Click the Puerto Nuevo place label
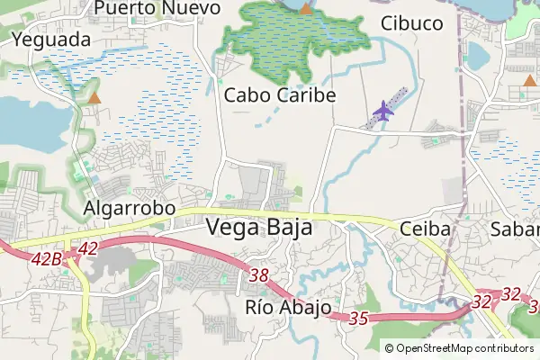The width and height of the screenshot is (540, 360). pos(157,8)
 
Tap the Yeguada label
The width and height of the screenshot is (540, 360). pos(51,40)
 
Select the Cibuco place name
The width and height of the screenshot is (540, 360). pos(412,23)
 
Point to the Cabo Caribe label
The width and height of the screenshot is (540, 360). pos(280,94)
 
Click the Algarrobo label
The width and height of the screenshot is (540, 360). pos(129,208)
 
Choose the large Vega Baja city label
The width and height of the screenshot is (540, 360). pos(260,228)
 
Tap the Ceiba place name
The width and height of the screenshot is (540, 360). pos(425,229)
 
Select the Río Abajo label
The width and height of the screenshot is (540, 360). pos(288,307)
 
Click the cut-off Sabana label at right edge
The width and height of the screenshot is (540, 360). pos(515,229)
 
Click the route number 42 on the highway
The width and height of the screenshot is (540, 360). pos(88,248)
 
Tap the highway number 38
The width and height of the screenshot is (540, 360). pos(260,275)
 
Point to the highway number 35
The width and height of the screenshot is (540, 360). pos(359,318)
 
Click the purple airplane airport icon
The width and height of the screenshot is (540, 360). pos(384,111)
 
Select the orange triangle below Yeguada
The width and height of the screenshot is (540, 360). pos(94,96)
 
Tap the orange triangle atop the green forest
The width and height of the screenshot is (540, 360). pos(306,9)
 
